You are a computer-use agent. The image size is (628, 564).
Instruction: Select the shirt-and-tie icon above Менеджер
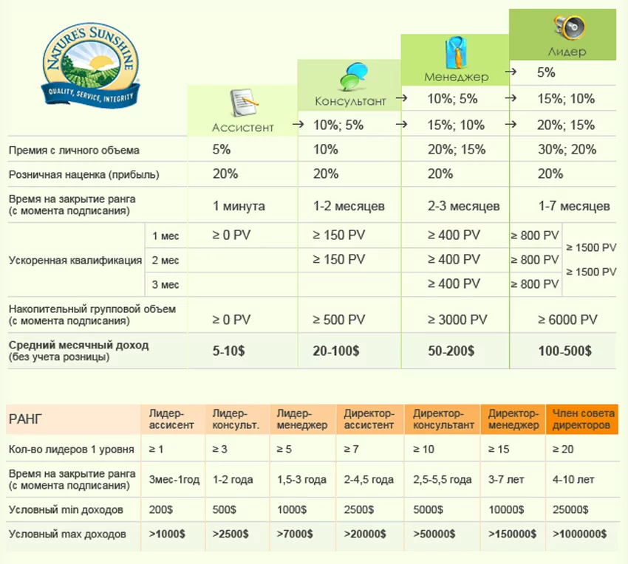point(455,53)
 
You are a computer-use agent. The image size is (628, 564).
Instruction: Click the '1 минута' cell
point(239,205)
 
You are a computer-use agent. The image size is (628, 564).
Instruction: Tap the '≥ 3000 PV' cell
point(457,320)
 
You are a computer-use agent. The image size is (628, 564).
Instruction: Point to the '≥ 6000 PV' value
point(567,320)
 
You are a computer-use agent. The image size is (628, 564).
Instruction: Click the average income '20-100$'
point(336,351)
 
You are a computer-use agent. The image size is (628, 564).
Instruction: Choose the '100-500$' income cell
point(564,351)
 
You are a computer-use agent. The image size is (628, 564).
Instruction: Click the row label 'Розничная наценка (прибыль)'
point(83,175)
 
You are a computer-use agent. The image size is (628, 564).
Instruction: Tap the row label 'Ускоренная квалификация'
point(75,260)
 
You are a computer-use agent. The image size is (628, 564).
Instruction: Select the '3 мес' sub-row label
point(165,284)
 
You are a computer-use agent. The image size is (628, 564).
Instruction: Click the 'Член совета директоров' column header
point(581,419)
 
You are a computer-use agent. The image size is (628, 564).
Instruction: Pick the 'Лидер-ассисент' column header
point(172,419)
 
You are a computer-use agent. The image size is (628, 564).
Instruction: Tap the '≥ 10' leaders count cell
point(422,449)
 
